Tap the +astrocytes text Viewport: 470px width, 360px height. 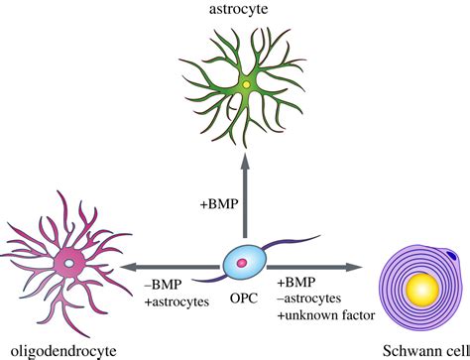pos(176,301)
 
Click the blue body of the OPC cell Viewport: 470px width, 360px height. pos(230,268)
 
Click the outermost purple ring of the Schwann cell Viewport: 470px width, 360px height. pos(381,291)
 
